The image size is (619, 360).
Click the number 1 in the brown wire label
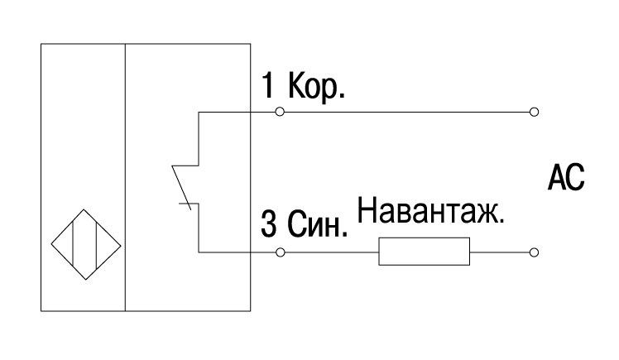(267, 85)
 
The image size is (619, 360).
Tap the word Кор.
(317, 87)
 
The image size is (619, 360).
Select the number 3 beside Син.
(269, 223)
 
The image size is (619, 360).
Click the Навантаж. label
(430, 211)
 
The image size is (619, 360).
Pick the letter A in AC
(556, 178)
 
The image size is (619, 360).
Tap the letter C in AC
(575, 178)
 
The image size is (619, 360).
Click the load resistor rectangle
(425, 252)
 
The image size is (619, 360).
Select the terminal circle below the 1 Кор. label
(280, 112)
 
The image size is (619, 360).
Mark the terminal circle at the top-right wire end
(534, 112)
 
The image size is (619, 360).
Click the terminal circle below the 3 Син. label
(281, 252)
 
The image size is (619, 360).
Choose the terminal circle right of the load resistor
(534, 252)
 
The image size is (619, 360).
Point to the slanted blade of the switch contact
(181, 188)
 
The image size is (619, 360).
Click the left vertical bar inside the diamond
(73, 245)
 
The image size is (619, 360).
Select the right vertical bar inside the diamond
(97, 245)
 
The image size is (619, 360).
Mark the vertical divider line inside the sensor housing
(125, 177)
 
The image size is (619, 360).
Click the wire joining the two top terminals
(407, 112)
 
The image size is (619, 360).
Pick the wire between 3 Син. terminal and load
(332, 252)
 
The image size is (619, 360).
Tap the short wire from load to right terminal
(500, 252)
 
